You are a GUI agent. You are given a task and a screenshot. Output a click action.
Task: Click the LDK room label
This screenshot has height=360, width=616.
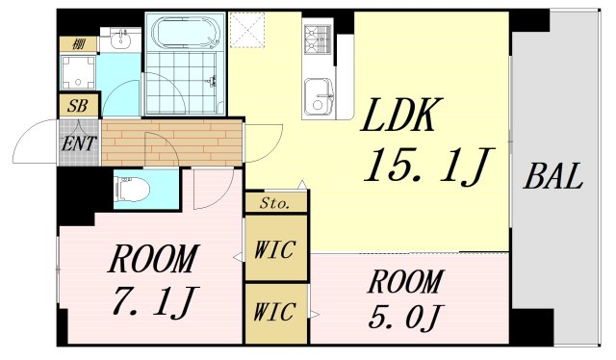(x=401, y=117)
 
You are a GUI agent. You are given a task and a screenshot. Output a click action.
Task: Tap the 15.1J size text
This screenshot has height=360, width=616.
(x=422, y=167)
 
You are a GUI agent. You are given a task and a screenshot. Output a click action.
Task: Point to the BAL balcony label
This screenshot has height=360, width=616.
(x=553, y=177)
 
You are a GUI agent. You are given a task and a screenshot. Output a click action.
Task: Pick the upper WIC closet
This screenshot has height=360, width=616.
(x=275, y=246)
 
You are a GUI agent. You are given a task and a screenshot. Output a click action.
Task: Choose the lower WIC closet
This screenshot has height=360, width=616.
(x=275, y=312)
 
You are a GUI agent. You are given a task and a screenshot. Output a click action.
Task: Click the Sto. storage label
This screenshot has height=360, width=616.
(x=275, y=203)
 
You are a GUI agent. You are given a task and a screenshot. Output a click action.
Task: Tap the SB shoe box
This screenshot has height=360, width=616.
(x=78, y=106)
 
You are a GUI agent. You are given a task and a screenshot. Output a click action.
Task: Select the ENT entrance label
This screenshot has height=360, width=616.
(x=78, y=143)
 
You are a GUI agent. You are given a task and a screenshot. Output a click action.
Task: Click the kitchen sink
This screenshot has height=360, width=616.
(x=318, y=96)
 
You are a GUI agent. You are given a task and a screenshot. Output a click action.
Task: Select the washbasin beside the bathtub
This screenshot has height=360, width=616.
(x=119, y=40)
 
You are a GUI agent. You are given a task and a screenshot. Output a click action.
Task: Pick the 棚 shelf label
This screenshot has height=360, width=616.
(x=76, y=43)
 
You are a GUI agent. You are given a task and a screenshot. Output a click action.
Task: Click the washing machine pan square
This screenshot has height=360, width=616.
(x=78, y=72)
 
